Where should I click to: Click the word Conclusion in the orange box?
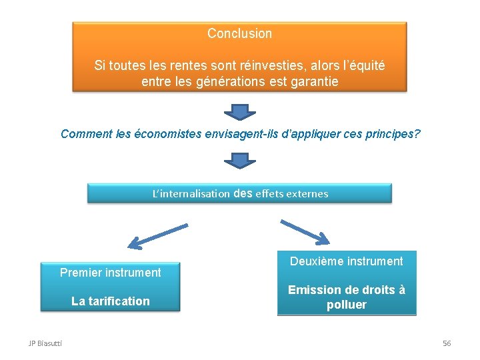tap(239, 33)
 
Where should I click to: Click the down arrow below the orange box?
tap(239, 111)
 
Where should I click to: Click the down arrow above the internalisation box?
tap(239, 161)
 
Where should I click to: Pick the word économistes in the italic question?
tap(165, 133)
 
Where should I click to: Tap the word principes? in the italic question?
tap(393, 133)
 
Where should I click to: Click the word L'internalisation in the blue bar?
tap(191, 194)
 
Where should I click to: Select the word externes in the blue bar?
tap(306, 194)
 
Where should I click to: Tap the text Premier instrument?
tap(111, 273)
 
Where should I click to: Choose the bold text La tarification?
tap(111, 301)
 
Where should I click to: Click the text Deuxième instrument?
tap(347, 261)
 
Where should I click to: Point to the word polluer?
tap(347, 305)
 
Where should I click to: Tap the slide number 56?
tap(447, 343)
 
